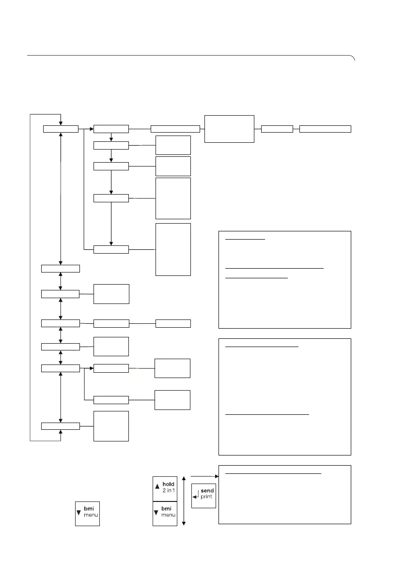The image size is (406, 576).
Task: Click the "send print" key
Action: [x=203, y=495]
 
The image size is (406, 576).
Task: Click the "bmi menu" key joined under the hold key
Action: [x=165, y=513]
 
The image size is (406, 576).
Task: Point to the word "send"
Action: [x=207, y=491]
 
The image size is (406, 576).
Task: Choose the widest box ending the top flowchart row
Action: [x=325, y=129]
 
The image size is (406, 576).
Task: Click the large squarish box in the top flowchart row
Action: [x=229, y=129]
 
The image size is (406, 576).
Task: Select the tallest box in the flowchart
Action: [x=173, y=249]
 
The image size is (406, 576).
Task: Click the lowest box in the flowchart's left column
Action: [x=60, y=425]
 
